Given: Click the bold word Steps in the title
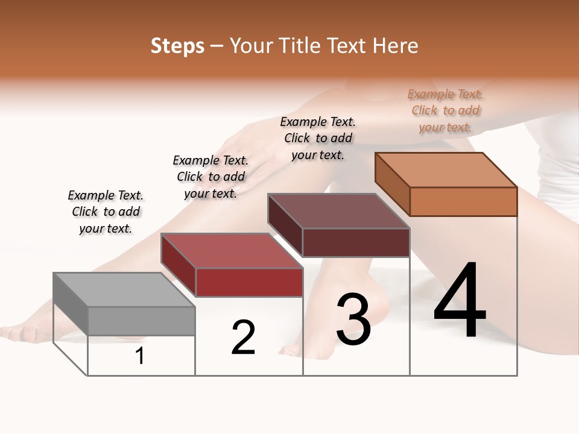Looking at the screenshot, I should coord(177,46).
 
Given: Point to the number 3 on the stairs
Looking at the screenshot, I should coord(353,319).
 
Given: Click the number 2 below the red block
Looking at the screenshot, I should coord(244,337).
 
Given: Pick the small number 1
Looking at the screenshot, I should coord(140,356).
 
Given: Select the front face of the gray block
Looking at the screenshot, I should coord(142,321).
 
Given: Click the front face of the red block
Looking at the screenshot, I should coord(249,282).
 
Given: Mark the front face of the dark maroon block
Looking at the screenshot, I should coord(356,242).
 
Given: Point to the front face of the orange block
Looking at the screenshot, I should coord(463,201).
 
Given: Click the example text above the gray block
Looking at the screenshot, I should coord(106,212).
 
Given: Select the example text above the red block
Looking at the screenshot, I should coord(210,177).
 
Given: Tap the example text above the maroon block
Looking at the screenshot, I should coord(318,138).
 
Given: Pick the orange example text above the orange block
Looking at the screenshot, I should coord(445,110).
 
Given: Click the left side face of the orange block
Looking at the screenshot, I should coord(392,184).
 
